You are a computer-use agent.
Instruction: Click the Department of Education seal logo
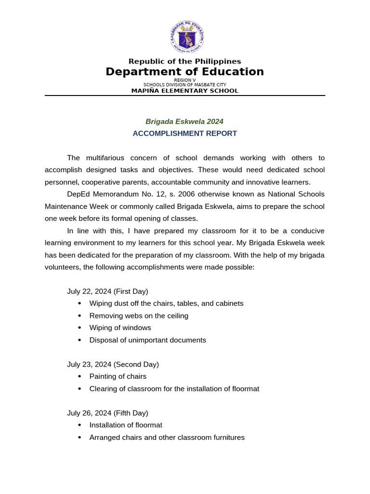coord(187,37)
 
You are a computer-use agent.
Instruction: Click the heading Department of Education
coord(185,72)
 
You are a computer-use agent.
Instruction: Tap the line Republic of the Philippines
coord(185,61)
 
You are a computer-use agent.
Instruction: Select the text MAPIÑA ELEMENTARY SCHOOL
coord(185,91)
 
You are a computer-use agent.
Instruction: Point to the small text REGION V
coord(185,80)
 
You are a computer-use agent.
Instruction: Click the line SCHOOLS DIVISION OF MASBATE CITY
coord(185,85)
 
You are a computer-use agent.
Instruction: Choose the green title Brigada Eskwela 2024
coord(185,122)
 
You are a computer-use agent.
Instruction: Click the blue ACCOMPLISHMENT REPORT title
coord(185,134)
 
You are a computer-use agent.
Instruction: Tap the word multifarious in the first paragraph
coord(106,158)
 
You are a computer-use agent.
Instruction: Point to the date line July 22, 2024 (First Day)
coord(107,291)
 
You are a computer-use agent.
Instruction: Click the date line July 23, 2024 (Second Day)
coord(113,364)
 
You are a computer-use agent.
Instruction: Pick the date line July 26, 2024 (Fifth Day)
coord(107,413)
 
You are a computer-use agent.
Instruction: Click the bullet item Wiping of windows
coord(120,328)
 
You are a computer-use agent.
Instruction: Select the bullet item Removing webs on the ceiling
coord(139,316)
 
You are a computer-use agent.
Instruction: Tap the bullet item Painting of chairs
coord(118,376)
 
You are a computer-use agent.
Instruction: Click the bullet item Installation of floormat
coord(126,425)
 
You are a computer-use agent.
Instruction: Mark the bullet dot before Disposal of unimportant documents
coord(79,340)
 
